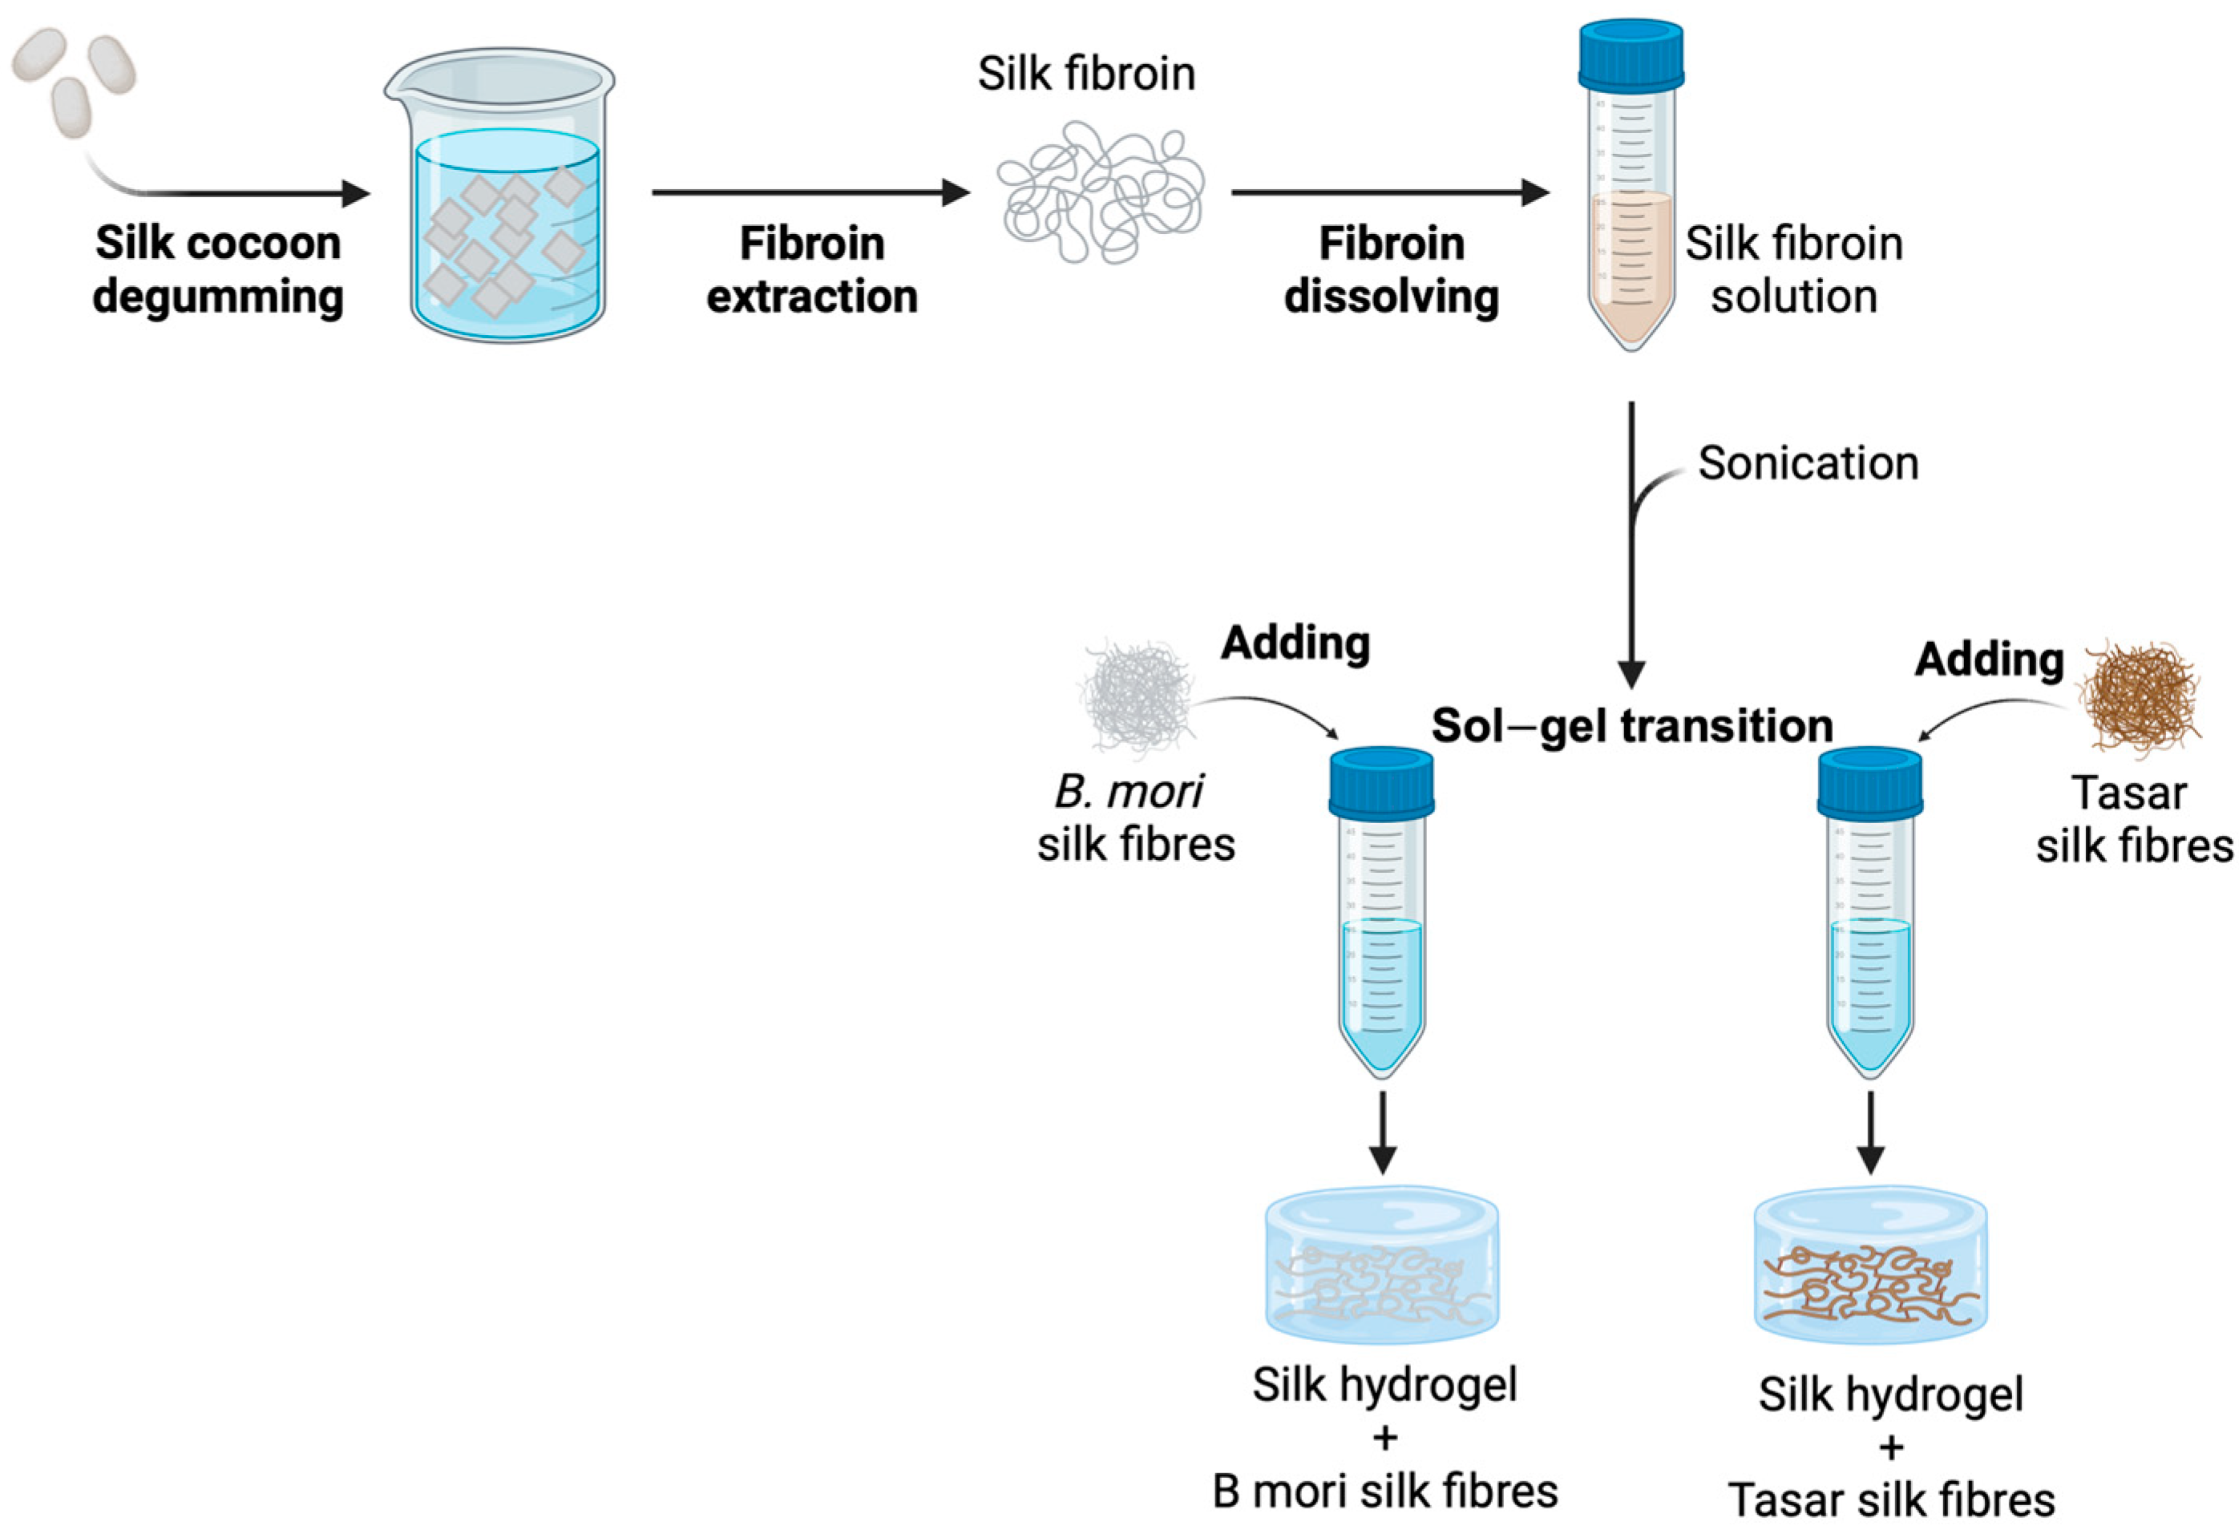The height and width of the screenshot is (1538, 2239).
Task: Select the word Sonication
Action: click(1807, 463)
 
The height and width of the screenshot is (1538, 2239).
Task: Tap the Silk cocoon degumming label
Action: click(218, 270)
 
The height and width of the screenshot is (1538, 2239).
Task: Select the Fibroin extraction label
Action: click(811, 270)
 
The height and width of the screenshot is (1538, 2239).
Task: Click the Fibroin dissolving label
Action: click(1391, 270)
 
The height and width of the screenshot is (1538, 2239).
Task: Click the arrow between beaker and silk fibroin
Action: click(810, 192)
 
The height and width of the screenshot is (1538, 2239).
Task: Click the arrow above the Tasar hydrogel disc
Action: click(1871, 1132)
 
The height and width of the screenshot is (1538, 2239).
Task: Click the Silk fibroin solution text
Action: click(1792, 270)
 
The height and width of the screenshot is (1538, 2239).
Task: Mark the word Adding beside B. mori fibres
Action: click(1295, 644)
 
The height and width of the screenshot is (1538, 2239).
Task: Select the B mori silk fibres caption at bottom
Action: click(1385, 1492)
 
